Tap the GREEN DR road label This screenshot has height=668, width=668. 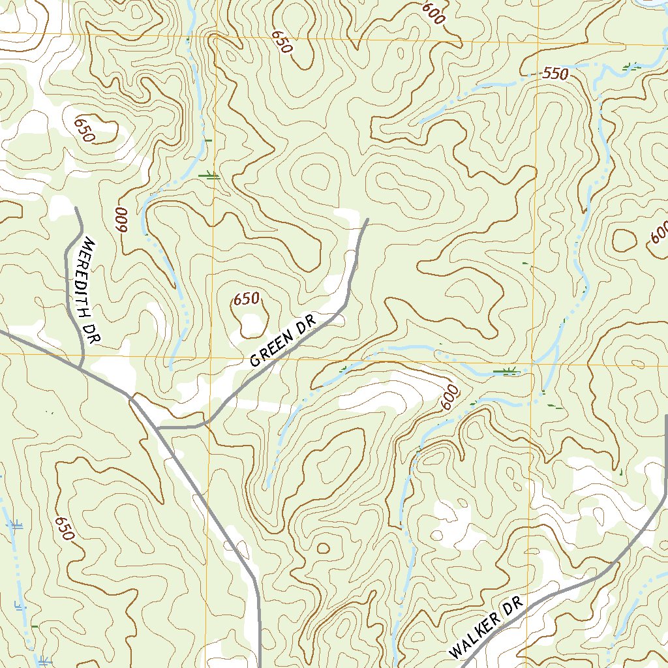pyautogui.click(x=282, y=340)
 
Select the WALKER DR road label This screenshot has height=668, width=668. pyautogui.click(x=487, y=627)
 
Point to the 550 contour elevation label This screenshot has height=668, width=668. pyautogui.click(x=555, y=74)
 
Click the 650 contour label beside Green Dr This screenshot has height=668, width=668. pyautogui.click(x=246, y=299)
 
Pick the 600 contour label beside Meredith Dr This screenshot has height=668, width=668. pyautogui.click(x=121, y=220)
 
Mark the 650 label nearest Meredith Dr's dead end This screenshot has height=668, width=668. pyautogui.click(x=85, y=129)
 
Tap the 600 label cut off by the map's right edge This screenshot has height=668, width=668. pyautogui.click(x=659, y=232)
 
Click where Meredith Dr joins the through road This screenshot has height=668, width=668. pyautogui.click(x=80, y=369)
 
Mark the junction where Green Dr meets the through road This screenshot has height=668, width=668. pyautogui.click(x=158, y=429)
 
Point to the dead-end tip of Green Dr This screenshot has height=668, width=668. pyautogui.click(x=368, y=219)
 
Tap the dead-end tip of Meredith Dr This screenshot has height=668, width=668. pyautogui.click(x=76, y=207)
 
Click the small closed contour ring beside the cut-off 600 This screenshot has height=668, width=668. pyautogui.click(x=625, y=241)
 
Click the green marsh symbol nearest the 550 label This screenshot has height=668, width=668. pyautogui.click(x=630, y=65)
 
